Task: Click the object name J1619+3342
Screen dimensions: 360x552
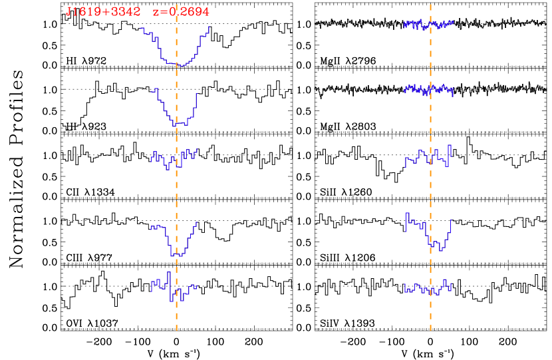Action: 103,12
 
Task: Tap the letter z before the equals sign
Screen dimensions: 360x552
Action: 156,13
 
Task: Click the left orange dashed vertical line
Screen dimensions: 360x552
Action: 176,200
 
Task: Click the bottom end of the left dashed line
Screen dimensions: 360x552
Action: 176,329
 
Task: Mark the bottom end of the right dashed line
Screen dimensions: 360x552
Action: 430,329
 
